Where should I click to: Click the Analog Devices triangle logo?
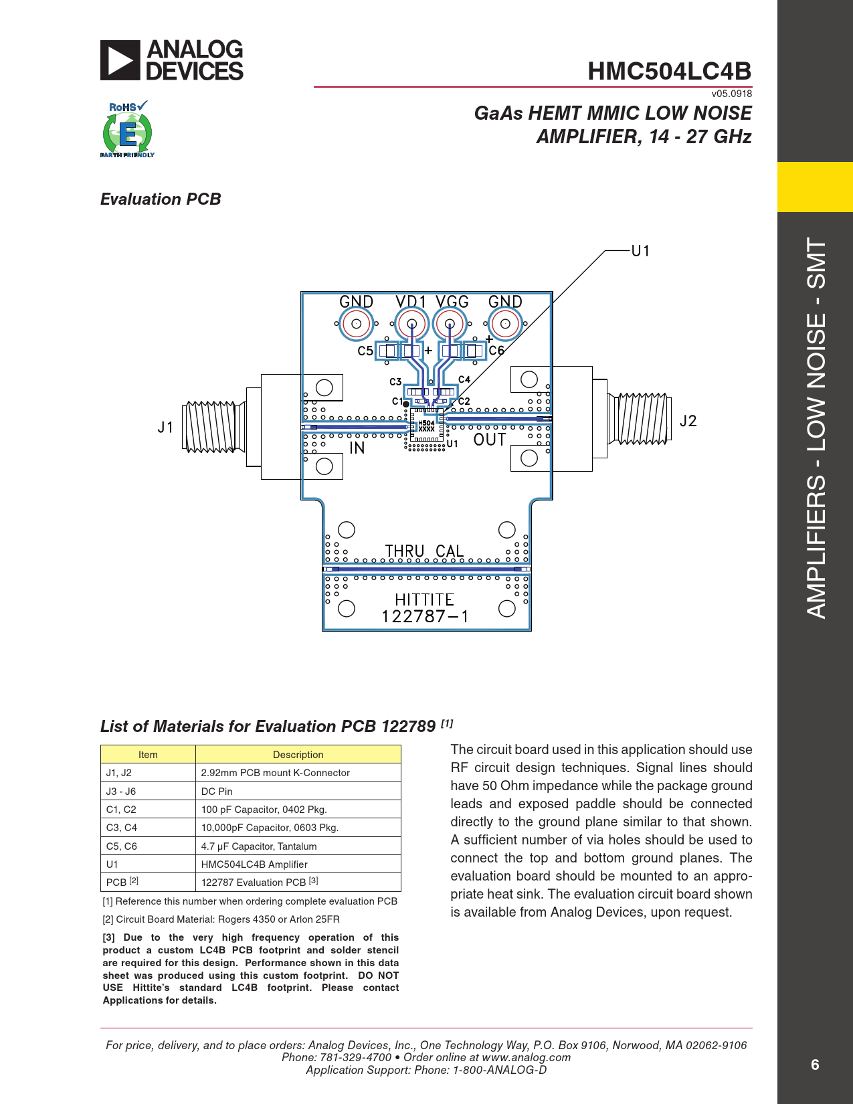click(120, 60)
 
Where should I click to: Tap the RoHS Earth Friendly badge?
click(127, 131)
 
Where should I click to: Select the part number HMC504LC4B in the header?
click(669, 71)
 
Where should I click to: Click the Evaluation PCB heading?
click(161, 199)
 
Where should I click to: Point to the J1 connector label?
click(165, 427)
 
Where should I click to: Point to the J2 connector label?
click(688, 421)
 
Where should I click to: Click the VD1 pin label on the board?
click(410, 302)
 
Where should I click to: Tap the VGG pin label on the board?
click(452, 302)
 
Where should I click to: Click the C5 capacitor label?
click(365, 351)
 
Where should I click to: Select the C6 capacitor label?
click(496, 351)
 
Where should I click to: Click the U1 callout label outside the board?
click(640, 251)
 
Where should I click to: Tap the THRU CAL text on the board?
click(424, 551)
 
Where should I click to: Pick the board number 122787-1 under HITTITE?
click(425, 616)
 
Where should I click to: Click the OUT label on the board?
click(490, 440)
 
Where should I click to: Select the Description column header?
click(298, 755)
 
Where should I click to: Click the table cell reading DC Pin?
click(217, 791)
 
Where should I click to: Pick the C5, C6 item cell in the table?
click(122, 846)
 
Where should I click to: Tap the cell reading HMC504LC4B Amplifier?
click(254, 864)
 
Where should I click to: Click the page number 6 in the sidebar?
click(815, 1065)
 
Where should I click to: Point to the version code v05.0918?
click(731, 94)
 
